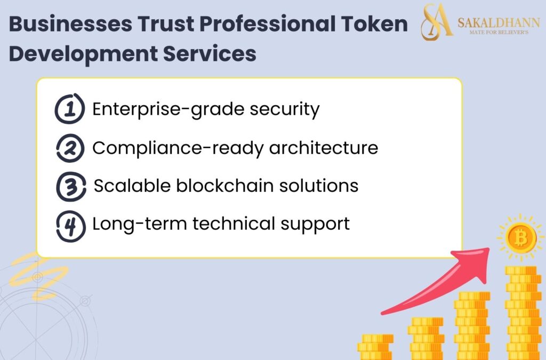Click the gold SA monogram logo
click(437, 22)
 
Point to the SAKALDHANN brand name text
click(498, 22)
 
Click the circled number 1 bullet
click(70, 109)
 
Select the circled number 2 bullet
click(70, 148)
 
